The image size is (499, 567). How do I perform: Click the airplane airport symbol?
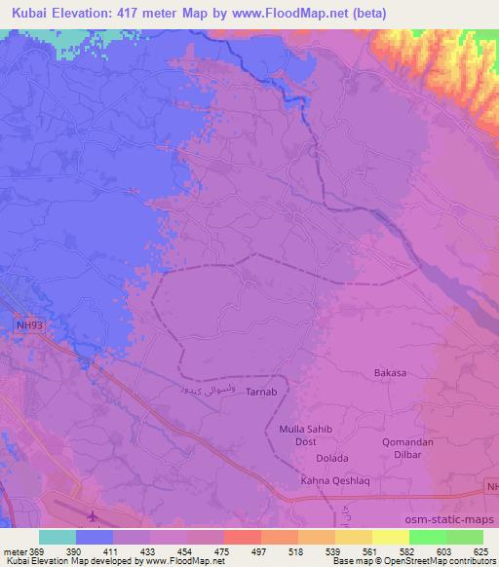point(93,515)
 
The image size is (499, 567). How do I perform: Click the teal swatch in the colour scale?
point(58,537)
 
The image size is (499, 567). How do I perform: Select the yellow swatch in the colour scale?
point(391,537)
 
